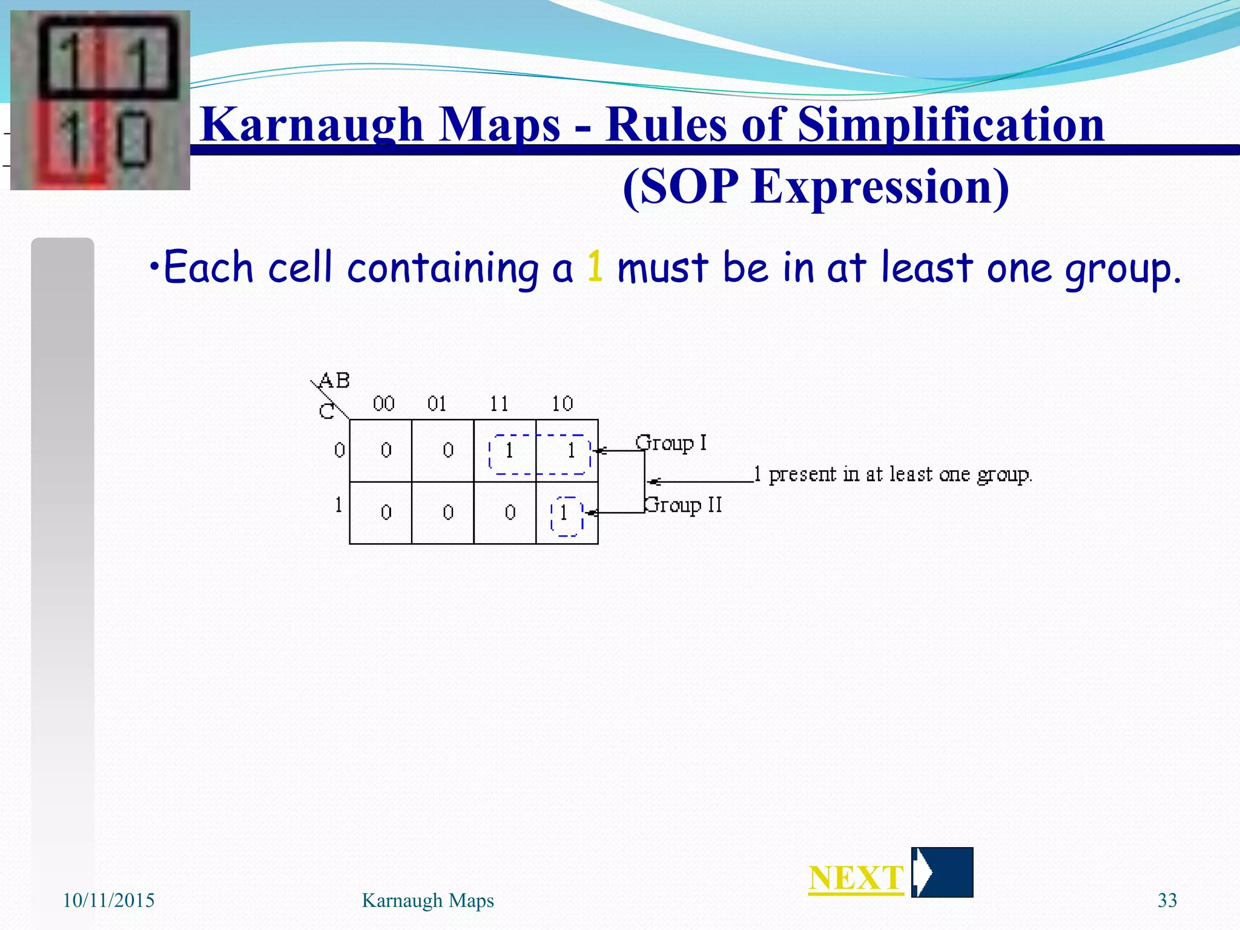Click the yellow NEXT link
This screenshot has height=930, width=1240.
tap(856, 878)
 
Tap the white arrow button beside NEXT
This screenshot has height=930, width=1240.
tap(942, 872)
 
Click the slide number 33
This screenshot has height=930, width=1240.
tap(1167, 900)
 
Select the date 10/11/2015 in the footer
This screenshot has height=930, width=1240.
tap(109, 900)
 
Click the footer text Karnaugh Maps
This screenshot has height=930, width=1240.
tap(427, 900)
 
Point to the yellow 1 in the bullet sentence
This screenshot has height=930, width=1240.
tap(595, 267)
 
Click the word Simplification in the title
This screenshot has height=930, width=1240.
tap(951, 125)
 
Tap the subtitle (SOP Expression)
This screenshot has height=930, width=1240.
tap(816, 186)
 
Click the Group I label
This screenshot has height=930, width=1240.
tap(671, 443)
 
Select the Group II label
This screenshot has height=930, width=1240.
tap(683, 504)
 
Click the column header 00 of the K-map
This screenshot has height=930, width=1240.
tap(384, 403)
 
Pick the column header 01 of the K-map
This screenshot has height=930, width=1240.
tap(437, 403)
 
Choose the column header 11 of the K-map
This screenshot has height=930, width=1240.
tap(499, 403)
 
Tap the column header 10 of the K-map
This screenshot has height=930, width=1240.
tap(562, 403)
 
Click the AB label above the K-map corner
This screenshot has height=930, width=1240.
tap(334, 380)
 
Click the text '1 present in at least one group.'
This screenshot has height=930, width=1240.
tap(892, 474)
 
